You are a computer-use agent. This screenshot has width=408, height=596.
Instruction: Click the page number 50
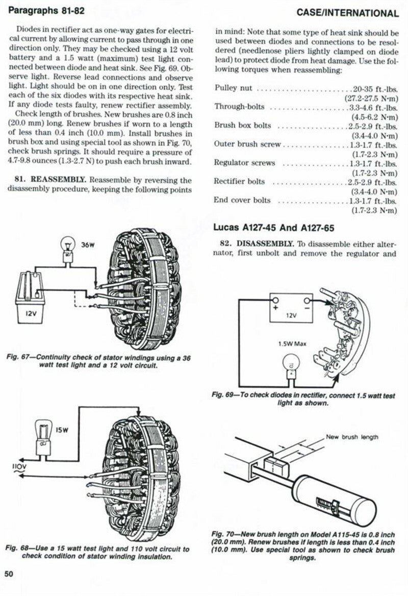pos(9,574)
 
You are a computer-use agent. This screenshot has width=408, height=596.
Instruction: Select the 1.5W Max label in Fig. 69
pos(292,343)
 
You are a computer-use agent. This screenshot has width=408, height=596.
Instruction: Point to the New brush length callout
pos(352,437)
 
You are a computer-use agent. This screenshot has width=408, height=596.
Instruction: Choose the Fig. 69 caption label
pos(223,395)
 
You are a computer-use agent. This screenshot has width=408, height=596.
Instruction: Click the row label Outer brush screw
pos(247,144)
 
